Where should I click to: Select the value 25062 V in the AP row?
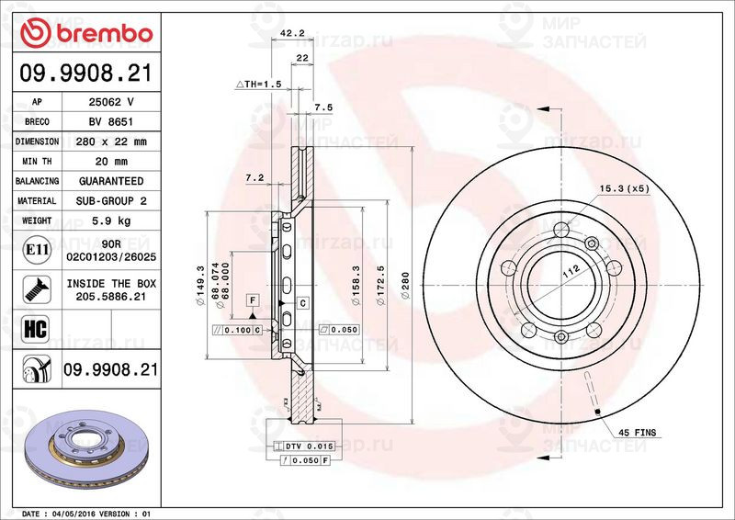coord(111,102)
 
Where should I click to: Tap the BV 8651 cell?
coord(111,122)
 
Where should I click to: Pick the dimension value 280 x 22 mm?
coord(111,142)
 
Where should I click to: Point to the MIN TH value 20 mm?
coord(111,162)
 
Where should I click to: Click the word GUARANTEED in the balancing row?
coord(111,182)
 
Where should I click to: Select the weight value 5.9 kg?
coord(111,221)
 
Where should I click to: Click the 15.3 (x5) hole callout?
coord(624,188)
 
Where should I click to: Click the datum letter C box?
coord(301,301)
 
